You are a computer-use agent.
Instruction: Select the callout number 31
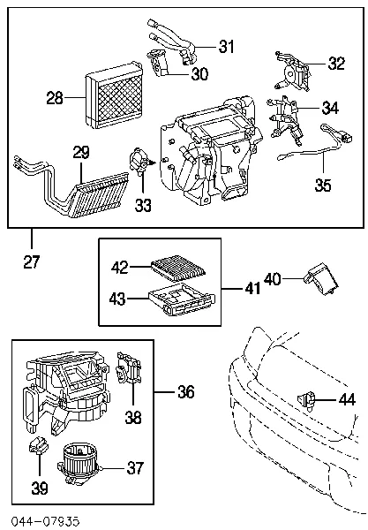tap(228, 46)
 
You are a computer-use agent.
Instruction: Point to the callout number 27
tap(32, 262)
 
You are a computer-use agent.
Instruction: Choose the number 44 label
tap(349, 400)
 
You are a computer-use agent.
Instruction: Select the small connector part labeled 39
tap(36, 448)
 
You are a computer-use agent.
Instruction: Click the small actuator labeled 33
tap(140, 163)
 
